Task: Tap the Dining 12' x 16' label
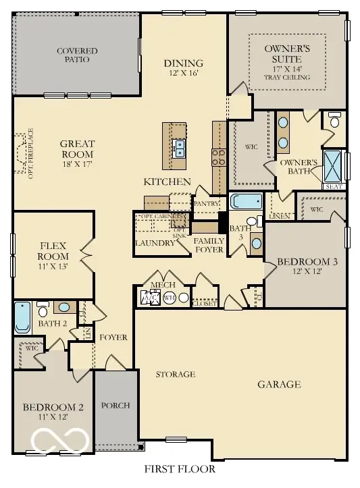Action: point(184,68)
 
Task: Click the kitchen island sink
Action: point(180,148)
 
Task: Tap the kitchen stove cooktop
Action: point(220,157)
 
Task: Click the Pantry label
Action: point(206,202)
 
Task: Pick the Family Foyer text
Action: point(209,245)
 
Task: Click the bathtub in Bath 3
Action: point(246,202)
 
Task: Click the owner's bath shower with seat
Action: point(334,162)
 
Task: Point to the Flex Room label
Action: point(53,252)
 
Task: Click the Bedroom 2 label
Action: point(53,412)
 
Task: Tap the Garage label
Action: point(279,385)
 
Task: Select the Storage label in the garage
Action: point(176,374)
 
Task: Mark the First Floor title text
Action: point(180,468)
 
